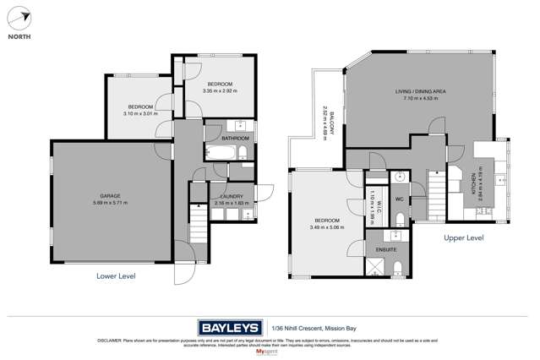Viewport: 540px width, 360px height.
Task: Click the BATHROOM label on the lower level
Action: [x=235, y=138]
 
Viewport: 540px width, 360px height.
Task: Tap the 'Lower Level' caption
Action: [x=115, y=275]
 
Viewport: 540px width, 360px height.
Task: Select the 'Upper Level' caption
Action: [x=464, y=238]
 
